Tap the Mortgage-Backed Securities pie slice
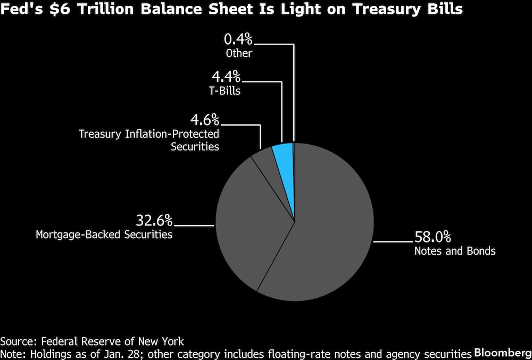click(245, 223)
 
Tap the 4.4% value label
click(226, 77)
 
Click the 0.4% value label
click(238, 39)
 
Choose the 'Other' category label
click(238, 53)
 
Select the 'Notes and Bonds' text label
click(455, 250)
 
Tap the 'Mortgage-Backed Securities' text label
click(104, 234)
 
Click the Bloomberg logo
click(501, 353)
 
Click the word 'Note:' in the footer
click(14, 354)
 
